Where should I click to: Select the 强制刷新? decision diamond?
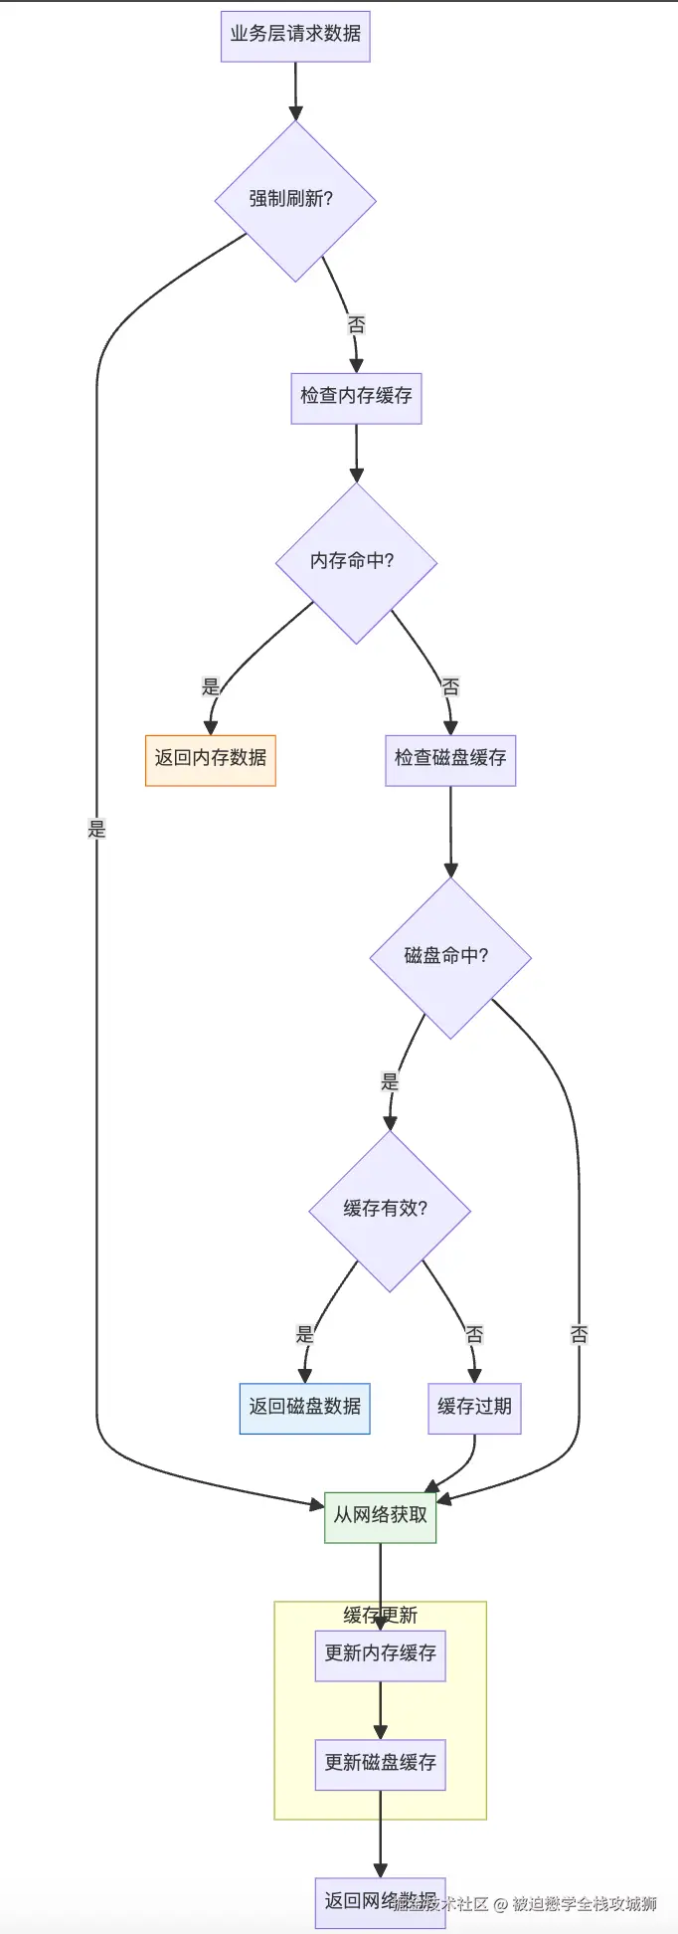click(x=295, y=200)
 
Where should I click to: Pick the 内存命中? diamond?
click(x=356, y=562)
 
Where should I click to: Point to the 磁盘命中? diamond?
click(x=450, y=957)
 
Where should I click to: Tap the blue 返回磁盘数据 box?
click(x=304, y=1408)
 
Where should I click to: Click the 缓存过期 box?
click(x=474, y=1408)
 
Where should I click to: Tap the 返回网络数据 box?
click(x=380, y=1902)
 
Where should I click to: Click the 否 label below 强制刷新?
click(x=356, y=324)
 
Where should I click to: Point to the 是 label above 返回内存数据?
click(x=211, y=686)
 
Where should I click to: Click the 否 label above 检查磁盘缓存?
click(x=450, y=686)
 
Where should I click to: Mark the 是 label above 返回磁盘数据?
click(x=305, y=1334)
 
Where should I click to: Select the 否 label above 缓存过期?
click(x=474, y=1334)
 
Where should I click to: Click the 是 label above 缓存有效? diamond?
click(x=390, y=1081)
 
